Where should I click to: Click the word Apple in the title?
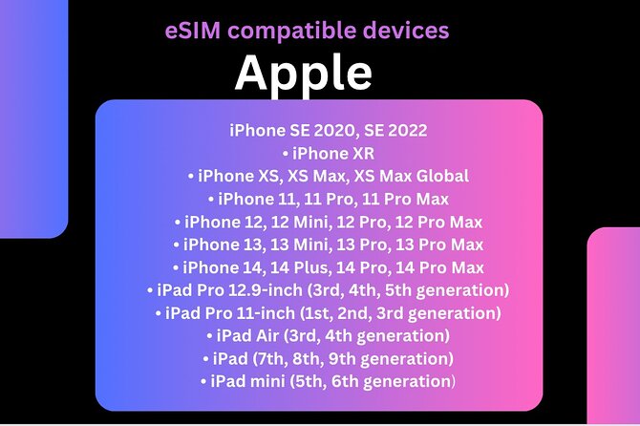(304, 72)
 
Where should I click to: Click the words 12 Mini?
(308, 222)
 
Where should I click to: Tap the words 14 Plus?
(311, 267)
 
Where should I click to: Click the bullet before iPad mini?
(203, 381)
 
